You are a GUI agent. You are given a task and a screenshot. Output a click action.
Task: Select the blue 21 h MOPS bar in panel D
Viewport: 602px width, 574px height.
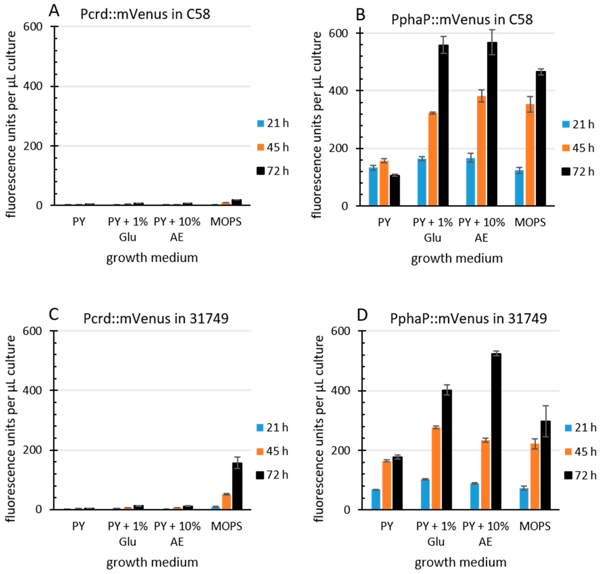click(x=524, y=499)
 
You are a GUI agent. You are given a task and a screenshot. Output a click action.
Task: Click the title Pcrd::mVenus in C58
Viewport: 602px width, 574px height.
click(x=145, y=14)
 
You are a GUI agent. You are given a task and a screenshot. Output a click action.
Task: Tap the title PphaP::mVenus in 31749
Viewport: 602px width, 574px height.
click(x=468, y=318)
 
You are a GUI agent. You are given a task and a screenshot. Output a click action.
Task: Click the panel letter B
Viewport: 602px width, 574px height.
click(x=361, y=14)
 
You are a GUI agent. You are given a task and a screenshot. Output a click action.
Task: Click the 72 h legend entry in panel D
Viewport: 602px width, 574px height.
click(x=580, y=475)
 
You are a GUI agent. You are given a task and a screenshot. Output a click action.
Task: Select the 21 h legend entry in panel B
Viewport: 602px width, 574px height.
click(x=578, y=125)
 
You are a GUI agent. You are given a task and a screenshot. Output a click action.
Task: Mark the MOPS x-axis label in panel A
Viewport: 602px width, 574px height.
click(x=226, y=222)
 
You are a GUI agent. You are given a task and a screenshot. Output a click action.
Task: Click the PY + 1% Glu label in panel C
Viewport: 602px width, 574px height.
click(x=127, y=534)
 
